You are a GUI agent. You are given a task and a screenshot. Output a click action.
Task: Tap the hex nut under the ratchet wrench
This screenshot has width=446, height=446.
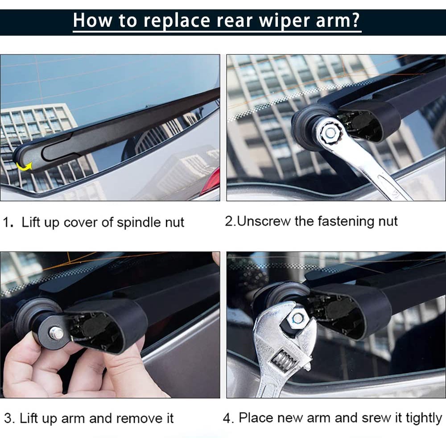click(330, 133)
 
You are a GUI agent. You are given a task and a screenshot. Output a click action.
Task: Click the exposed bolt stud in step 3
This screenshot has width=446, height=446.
click(57, 333)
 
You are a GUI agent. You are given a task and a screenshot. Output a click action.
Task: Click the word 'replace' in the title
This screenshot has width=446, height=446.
click(177, 21)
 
